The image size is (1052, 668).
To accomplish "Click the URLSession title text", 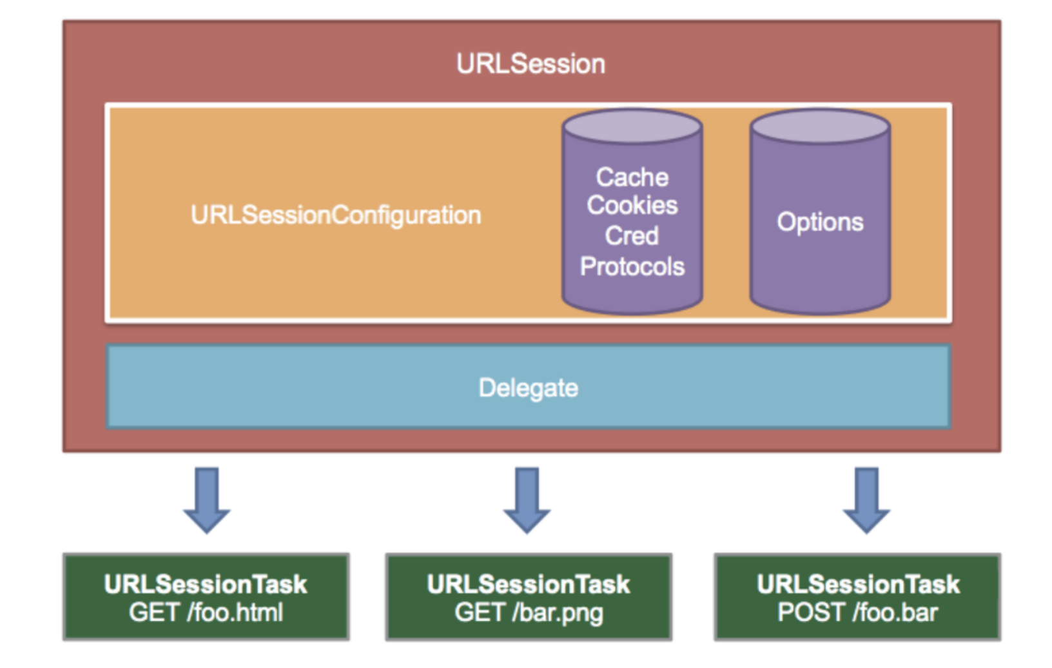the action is click(531, 64).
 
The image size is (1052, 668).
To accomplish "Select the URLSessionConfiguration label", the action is click(336, 215).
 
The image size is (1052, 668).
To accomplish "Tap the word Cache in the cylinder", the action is click(632, 177).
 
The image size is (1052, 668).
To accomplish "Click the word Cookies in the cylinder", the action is click(632, 205).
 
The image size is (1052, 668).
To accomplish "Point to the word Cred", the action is click(632, 235).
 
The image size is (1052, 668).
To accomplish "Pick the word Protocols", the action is click(632, 266).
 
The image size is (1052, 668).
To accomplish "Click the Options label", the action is click(820, 222).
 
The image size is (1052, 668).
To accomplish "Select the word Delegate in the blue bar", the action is click(529, 389).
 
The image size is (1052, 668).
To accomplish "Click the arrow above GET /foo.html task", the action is click(207, 500).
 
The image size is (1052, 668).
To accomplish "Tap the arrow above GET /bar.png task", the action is click(527, 500).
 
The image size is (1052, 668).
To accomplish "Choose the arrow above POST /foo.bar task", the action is click(866, 500).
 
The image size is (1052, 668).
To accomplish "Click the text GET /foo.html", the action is click(206, 613).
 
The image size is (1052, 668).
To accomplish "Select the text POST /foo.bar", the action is click(857, 613).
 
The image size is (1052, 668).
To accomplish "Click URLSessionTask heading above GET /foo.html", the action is click(206, 584).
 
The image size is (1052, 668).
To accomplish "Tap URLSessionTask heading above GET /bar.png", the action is click(529, 584).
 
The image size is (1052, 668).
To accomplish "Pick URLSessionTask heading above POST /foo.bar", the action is click(858, 584).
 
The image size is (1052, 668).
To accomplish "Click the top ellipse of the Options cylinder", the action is click(820, 126).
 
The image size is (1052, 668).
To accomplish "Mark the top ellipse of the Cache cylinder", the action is click(632, 126).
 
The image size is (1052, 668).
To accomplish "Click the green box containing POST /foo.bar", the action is click(857, 597).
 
